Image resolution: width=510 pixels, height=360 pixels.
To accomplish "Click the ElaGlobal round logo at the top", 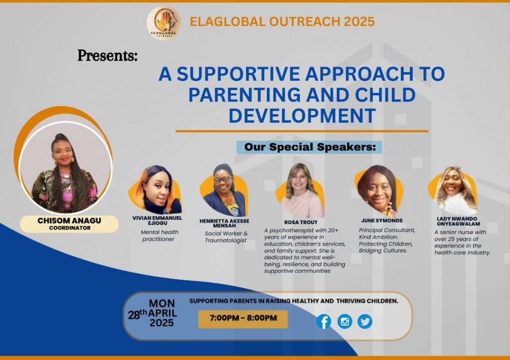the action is [x=163, y=23].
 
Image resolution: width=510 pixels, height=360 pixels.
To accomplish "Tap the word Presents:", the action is [x=108, y=56].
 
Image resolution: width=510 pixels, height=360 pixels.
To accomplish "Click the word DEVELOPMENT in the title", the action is [x=302, y=116].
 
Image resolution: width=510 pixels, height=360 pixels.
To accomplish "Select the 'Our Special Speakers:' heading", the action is [x=309, y=147].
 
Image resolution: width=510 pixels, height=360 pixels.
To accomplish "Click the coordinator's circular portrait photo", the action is [x=66, y=167].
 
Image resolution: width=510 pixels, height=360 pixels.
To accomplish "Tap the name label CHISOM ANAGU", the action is [x=69, y=221].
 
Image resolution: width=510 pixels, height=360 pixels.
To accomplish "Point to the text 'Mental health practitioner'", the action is [x=159, y=236].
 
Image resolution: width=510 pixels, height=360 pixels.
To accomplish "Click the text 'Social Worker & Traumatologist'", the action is [x=226, y=237].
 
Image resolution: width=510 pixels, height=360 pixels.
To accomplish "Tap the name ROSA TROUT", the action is [x=300, y=223].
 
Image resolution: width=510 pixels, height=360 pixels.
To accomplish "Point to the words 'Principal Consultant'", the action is [x=386, y=230].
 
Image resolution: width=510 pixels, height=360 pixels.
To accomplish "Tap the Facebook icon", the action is [x=324, y=322].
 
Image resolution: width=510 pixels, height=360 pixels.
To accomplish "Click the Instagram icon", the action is [x=345, y=322].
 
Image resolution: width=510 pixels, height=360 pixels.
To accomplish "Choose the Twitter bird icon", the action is [x=365, y=322].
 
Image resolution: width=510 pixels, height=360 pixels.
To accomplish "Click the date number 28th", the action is [x=137, y=315].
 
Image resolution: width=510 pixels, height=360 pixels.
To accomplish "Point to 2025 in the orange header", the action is [x=359, y=21].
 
